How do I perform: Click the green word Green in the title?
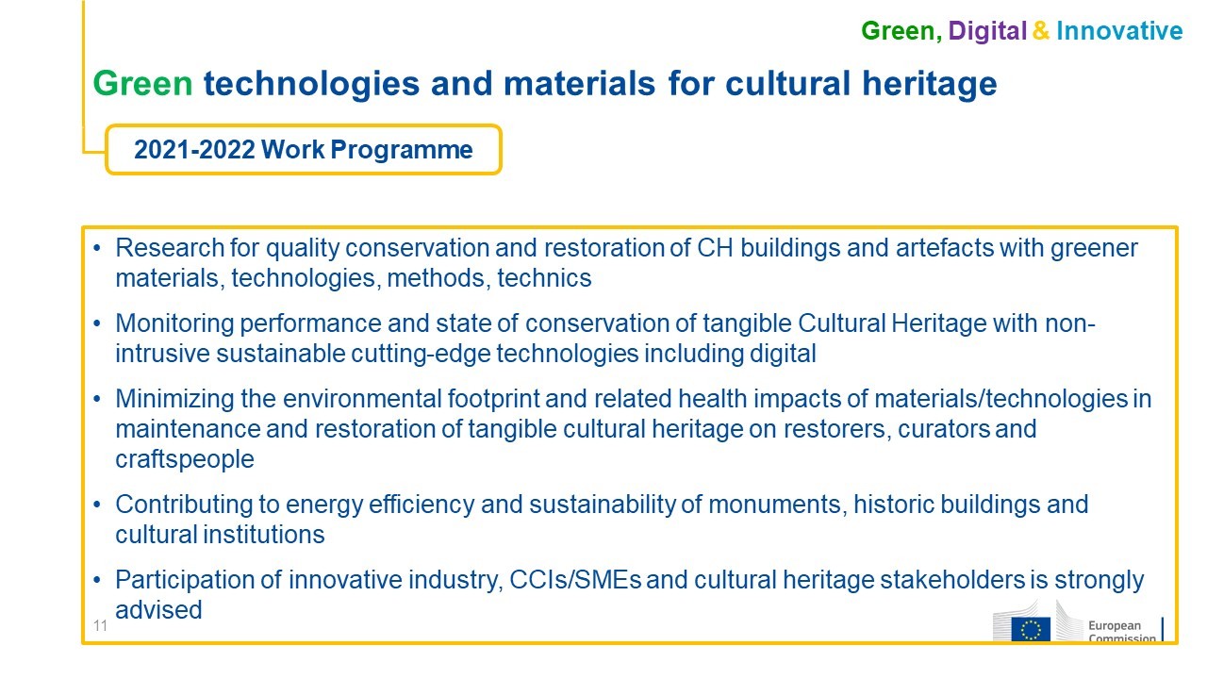(x=142, y=84)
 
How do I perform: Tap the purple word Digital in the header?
(x=987, y=31)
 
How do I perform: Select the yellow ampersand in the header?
(x=1041, y=31)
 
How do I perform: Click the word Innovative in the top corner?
(x=1119, y=31)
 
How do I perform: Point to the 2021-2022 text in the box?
(x=194, y=149)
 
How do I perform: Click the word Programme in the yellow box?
(x=402, y=150)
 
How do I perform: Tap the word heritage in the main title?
(x=930, y=85)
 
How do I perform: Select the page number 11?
(x=100, y=625)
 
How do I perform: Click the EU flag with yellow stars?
(x=1031, y=629)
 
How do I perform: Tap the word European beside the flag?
(x=1115, y=625)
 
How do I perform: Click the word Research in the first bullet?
(x=170, y=248)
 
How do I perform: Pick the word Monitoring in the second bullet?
(x=174, y=324)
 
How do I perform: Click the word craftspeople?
(x=185, y=459)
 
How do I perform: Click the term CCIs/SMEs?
(x=575, y=580)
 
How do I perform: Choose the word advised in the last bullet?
(x=158, y=610)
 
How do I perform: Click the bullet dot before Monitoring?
(x=97, y=323)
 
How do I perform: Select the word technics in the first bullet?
(x=544, y=278)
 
